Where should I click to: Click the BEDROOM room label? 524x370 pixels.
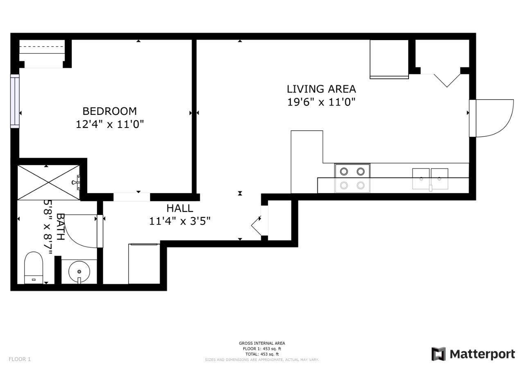pos(109,111)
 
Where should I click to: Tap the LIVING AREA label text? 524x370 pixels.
pos(321,89)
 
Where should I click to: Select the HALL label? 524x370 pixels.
pos(180,209)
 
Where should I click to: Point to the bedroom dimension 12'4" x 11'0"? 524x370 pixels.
pos(109,124)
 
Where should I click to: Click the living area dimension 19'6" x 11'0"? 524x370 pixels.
pos(321,102)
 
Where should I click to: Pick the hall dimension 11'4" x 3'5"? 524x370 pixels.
pos(180,221)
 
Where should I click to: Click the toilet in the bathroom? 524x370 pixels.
pos(34,267)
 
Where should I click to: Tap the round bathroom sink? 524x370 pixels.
pos(79,271)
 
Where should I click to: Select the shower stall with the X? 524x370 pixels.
pos(49,182)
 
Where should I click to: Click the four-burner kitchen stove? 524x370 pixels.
pos(352,178)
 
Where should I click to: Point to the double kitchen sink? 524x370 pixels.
pos(430,179)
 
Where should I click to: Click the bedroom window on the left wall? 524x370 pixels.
pos(15,101)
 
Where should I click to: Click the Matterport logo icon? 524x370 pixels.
pos(438,354)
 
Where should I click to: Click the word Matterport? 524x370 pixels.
pos(482,354)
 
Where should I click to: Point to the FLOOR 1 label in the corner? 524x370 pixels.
pos(20,359)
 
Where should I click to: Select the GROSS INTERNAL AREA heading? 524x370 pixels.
pos(262,343)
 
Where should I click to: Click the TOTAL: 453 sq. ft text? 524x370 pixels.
pos(262,354)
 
